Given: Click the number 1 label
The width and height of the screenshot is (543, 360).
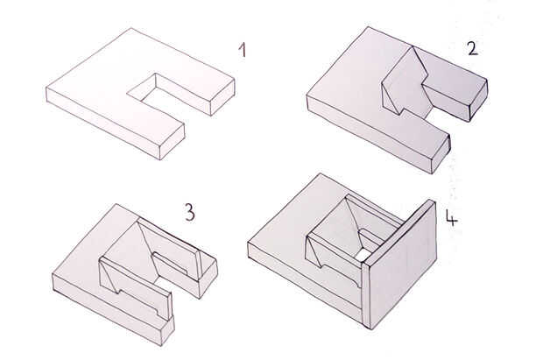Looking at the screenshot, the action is tap(243, 50).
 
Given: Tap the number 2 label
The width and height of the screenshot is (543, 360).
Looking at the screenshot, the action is tap(473, 48).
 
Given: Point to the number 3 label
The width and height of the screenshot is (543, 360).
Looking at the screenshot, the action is tap(190, 212).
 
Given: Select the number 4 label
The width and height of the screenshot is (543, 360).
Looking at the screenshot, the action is tap(451, 218).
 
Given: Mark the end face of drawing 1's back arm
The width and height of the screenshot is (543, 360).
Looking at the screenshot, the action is tap(222, 97).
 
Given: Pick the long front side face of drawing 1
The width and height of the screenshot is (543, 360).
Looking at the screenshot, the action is tap(102, 123).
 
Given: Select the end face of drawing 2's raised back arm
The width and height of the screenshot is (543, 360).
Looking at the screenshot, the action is tap(478, 100).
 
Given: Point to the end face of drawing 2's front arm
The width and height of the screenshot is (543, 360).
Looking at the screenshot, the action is tap(441, 154).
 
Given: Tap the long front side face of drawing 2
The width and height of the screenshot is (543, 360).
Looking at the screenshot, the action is tap(370, 135).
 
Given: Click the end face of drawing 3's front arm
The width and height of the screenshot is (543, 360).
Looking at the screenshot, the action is tap(168, 331).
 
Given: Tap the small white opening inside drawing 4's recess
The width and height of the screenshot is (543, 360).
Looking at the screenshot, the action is tap(361, 255).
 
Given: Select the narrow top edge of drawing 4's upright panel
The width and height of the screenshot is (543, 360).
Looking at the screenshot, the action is tap(398, 231).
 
